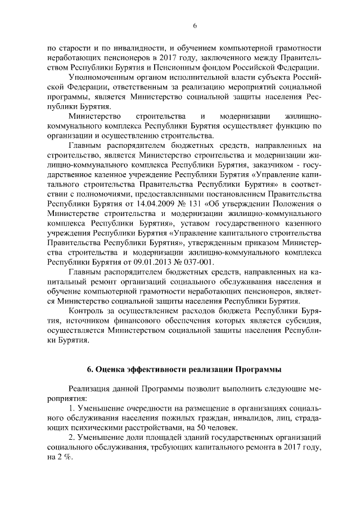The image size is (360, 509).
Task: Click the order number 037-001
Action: pos(209,263)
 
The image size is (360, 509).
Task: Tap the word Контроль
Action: pos(85,311)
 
